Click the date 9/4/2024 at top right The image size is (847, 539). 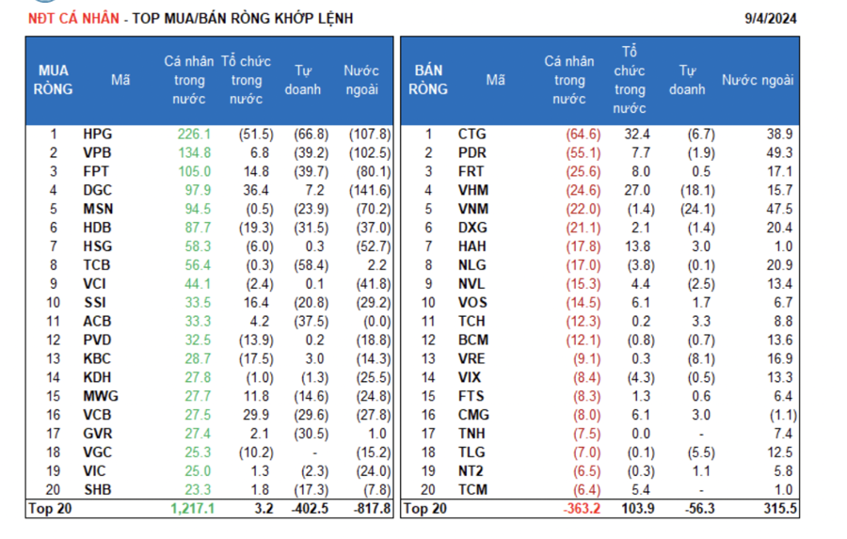pyautogui.click(x=772, y=18)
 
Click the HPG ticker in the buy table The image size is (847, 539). pyautogui.click(x=97, y=135)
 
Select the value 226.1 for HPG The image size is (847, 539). pyautogui.click(x=194, y=135)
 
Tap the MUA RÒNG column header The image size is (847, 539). pyautogui.click(x=54, y=80)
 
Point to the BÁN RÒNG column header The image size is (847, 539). pyautogui.click(x=429, y=80)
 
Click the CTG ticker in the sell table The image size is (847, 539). pyautogui.click(x=472, y=135)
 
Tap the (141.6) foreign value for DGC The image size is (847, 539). pyautogui.click(x=369, y=191)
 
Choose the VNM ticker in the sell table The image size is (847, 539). pyautogui.click(x=472, y=209)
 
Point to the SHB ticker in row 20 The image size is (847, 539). pyautogui.click(x=97, y=489)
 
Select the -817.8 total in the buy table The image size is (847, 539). pyautogui.click(x=369, y=509)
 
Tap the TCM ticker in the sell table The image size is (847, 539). pyautogui.click(x=472, y=489)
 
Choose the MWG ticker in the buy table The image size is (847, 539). pyautogui.click(x=99, y=396)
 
